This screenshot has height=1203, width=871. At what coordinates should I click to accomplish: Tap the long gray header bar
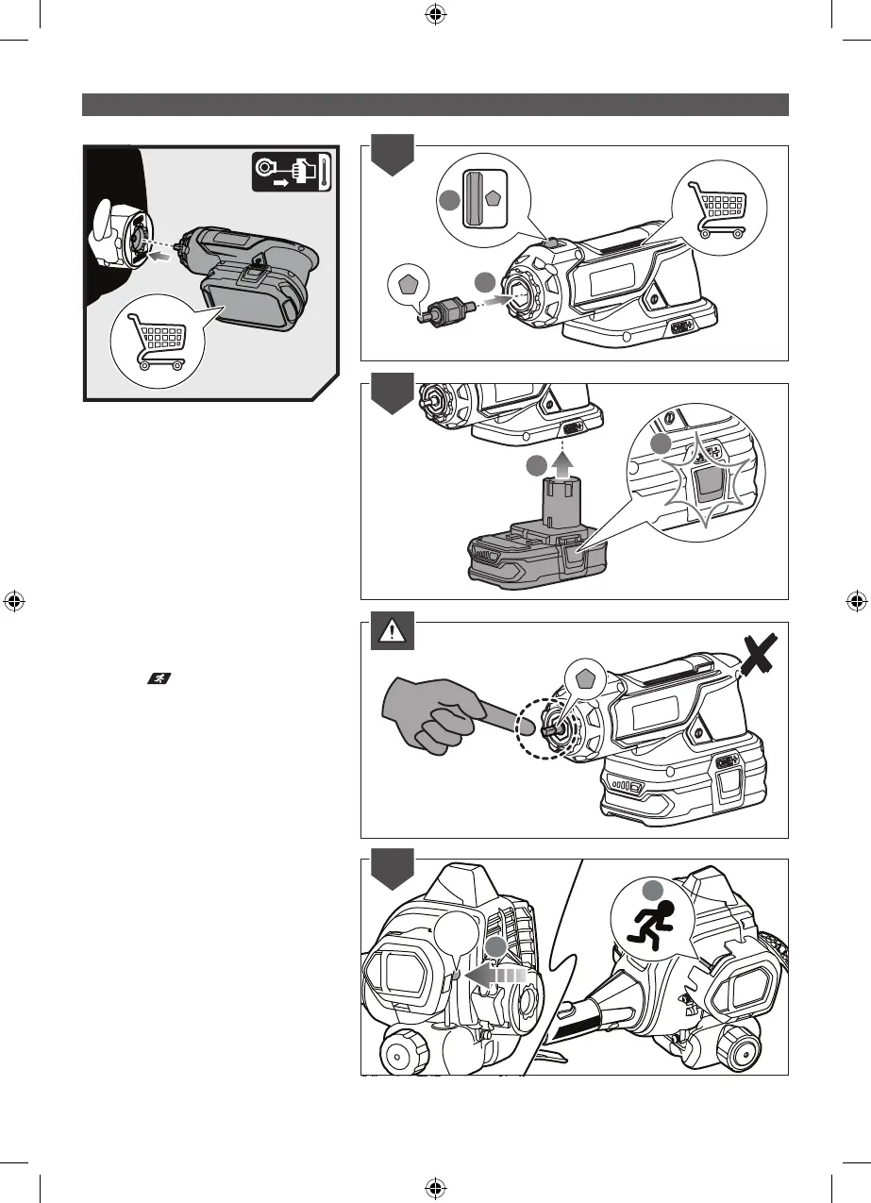(435, 104)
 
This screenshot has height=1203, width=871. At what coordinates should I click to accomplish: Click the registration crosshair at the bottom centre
(435, 1186)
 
